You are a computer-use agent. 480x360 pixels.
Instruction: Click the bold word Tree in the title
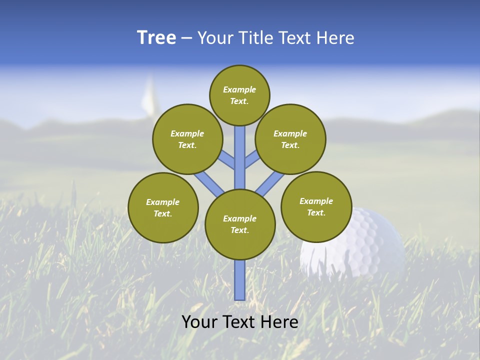pyautogui.click(x=156, y=38)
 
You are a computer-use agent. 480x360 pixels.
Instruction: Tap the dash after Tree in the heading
pyautogui.click(x=186, y=38)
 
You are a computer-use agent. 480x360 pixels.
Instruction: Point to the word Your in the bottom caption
pyautogui.click(x=199, y=322)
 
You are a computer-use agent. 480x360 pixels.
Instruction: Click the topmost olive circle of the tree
pyautogui.click(x=239, y=95)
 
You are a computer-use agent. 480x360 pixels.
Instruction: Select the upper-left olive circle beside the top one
pyautogui.click(x=187, y=139)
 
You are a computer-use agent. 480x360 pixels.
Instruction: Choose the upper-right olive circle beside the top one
pyautogui.click(x=290, y=139)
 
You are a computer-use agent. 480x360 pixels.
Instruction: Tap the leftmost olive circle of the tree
pyautogui.click(x=163, y=207)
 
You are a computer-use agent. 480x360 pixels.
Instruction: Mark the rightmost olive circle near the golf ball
pyautogui.click(x=316, y=206)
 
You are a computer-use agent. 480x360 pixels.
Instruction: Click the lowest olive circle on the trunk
pyautogui.click(x=240, y=224)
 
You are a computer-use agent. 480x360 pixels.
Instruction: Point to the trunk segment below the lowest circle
pyautogui.click(x=240, y=280)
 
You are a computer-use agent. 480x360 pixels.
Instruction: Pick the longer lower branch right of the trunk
pyautogui.click(x=267, y=184)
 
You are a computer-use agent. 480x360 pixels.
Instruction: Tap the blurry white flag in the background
pyautogui.click(x=148, y=97)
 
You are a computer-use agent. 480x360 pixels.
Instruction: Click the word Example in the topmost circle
pyautogui.click(x=239, y=89)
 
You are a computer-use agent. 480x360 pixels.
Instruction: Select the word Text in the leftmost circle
pyautogui.click(x=162, y=213)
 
